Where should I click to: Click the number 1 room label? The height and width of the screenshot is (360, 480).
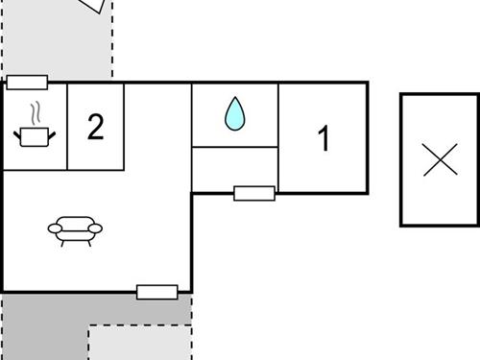coord(324,139)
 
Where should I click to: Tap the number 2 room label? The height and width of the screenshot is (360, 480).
coord(95,127)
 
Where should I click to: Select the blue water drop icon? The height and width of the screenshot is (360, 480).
coord(235,114)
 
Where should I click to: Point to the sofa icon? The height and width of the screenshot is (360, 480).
coord(75,229)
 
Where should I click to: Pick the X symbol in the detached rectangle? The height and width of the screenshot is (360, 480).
coord(440,159)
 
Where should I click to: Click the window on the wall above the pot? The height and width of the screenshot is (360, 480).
coord(27,83)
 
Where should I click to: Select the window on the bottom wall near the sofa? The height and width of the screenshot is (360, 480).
coord(157,292)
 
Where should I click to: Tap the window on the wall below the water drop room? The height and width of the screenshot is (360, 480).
coord(254,193)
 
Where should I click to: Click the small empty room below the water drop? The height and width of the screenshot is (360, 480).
coord(235,168)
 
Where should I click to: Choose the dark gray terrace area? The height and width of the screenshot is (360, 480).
coord(38,326)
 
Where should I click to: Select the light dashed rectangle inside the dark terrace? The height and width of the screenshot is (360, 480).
coord(139,343)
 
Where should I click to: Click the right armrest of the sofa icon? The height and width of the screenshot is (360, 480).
coord(96,227)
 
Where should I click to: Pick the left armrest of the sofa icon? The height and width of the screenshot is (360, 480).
coord(54,227)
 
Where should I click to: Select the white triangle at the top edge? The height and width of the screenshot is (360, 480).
coord(91,5)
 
